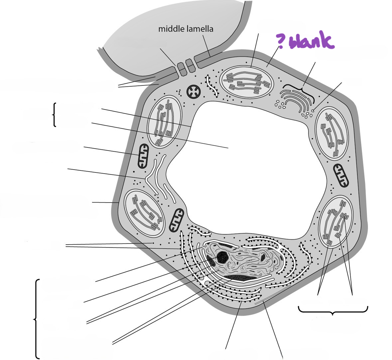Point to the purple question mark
pyautogui.click(x=280, y=41)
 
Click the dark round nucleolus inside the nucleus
pyautogui.click(x=222, y=257)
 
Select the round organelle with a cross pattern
pyautogui.click(x=194, y=92)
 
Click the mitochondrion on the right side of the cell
pyautogui.click(x=341, y=176)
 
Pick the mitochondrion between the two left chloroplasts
pyautogui.click(x=143, y=156)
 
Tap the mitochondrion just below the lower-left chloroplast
pyautogui.click(x=176, y=220)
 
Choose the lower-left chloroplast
pyautogui.click(x=145, y=213)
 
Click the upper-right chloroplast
pyautogui.click(x=332, y=133)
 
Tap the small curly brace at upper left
pyautogui.click(x=54, y=115)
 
